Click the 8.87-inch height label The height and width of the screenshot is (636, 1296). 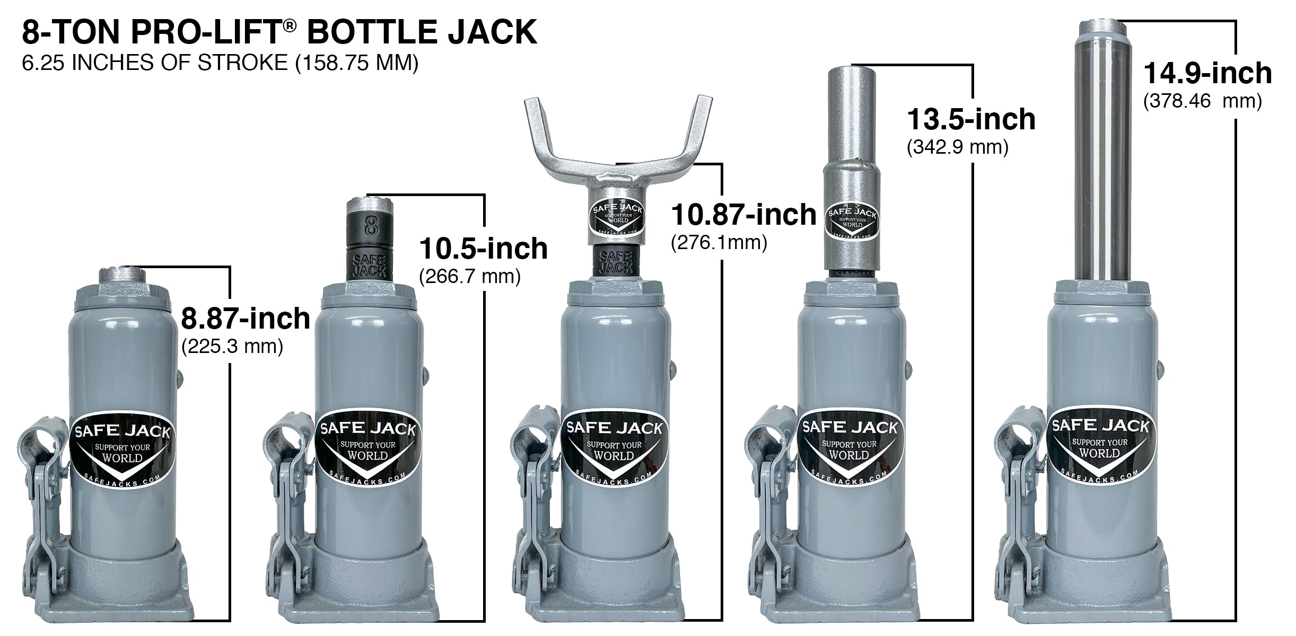245,319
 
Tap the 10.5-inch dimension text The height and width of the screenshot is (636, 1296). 483,249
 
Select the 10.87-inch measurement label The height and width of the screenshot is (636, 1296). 743,215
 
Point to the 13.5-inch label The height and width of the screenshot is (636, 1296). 971,119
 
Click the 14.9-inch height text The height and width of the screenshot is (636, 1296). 1207,73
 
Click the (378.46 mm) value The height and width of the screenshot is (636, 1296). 1202,101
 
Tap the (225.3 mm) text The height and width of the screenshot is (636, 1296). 232,347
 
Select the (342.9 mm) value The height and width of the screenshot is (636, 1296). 958,147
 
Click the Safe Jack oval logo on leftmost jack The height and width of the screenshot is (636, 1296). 121,450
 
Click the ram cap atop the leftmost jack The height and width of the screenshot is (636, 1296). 121,275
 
